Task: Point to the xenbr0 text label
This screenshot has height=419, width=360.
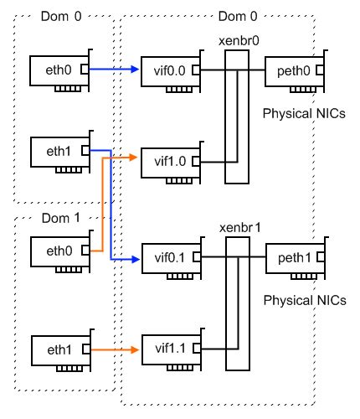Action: coord(238,40)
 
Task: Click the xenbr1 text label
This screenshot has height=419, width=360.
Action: coord(238,227)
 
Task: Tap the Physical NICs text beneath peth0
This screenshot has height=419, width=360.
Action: coord(304,112)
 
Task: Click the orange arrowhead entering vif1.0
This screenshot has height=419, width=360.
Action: coord(134,157)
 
